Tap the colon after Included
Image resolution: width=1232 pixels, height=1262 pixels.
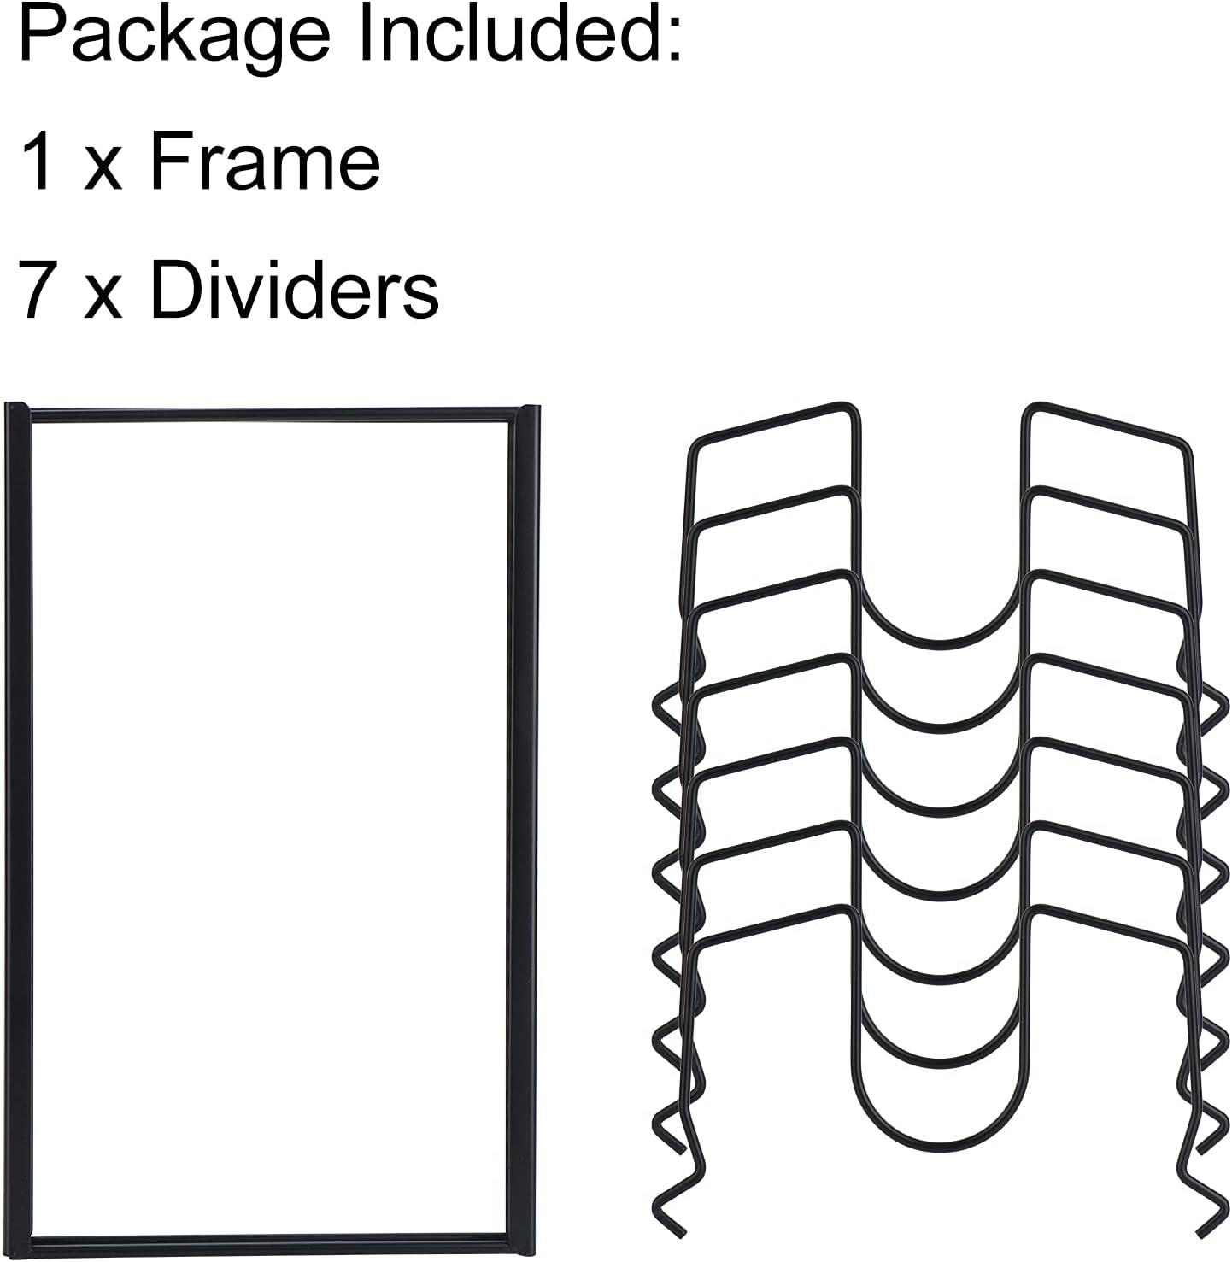[673, 39]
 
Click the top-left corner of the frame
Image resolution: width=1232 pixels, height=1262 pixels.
[7, 404]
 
